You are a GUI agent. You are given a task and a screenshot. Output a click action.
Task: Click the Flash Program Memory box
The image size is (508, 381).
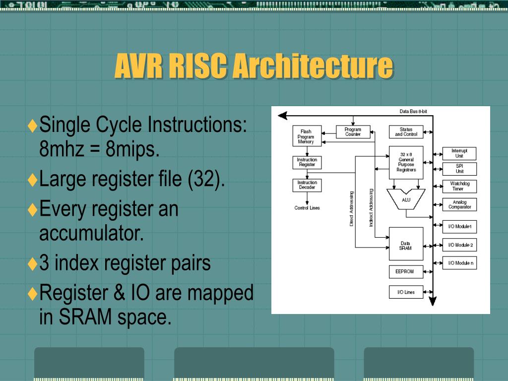[x=306, y=136]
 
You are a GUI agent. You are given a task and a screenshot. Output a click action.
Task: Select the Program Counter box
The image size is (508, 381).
[x=353, y=132]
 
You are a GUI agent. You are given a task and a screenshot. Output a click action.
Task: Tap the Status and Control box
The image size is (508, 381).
[x=406, y=132]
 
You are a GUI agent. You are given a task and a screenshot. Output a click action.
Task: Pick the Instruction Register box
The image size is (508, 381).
[x=307, y=162]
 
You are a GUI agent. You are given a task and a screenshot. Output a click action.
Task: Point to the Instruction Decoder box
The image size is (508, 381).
[x=307, y=185]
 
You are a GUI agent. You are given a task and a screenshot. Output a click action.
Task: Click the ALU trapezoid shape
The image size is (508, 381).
[x=406, y=199]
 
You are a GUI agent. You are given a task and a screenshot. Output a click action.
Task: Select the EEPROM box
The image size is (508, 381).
[x=406, y=272]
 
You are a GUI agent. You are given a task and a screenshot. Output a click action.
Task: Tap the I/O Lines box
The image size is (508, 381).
[x=406, y=292]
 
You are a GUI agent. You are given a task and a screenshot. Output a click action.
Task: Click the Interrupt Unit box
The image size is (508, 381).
[x=459, y=153]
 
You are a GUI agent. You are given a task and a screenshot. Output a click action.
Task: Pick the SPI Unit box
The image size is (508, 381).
[x=459, y=169]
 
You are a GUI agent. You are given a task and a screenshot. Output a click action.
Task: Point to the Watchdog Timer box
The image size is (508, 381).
[x=459, y=186]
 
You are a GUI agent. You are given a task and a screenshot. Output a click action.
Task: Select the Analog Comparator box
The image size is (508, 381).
[x=459, y=204]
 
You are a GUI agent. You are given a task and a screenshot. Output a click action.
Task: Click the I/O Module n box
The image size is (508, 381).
[x=459, y=262]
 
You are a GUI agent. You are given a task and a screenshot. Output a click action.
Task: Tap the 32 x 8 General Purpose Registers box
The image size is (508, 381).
[x=406, y=162]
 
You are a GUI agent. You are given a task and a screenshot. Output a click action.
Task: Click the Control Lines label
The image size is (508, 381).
[x=307, y=208]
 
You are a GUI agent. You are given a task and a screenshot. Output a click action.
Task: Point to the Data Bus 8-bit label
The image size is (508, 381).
[x=413, y=111]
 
